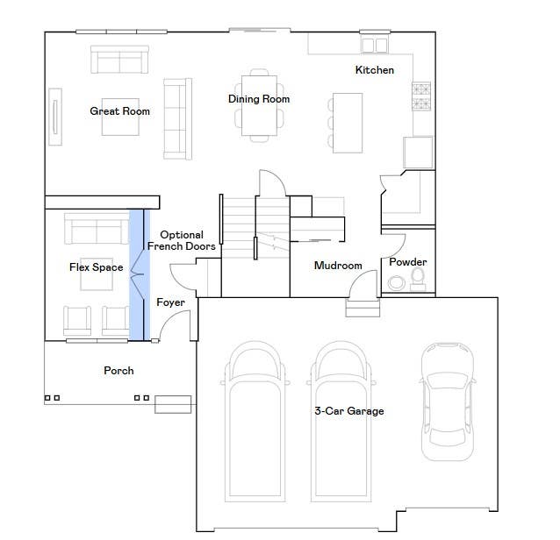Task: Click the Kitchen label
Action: (x=375, y=70)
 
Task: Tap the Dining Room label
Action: (x=259, y=99)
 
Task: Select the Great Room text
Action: (x=119, y=111)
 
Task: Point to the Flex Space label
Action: (x=96, y=267)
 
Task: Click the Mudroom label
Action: (x=338, y=266)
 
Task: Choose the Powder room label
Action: (x=408, y=262)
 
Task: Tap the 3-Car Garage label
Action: (x=349, y=411)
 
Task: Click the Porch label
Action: (x=118, y=371)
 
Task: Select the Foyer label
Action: (x=170, y=302)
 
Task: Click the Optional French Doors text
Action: (x=182, y=240)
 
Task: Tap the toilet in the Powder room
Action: (x=418, y=280)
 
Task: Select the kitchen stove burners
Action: (x=421, y=96)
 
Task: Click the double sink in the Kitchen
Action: (x=375, y=46)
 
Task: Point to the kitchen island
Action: (x=348, y=123)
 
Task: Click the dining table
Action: (x=259, y=105)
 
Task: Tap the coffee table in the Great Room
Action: (x=120, y=117)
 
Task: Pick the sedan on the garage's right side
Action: (x=448, y=401)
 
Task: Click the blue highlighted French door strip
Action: (x=140, y=274)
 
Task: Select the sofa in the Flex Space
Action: (x=97, y=229)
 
